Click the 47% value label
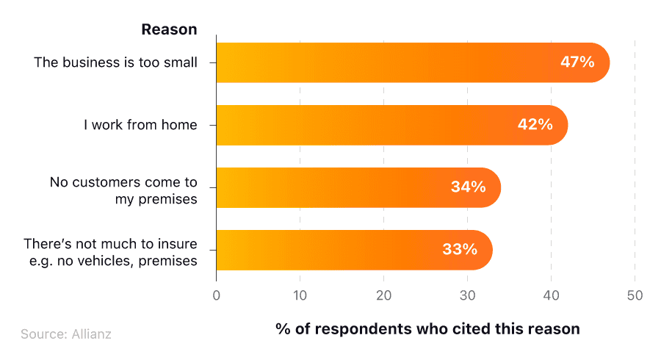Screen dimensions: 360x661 (x=577, y=62)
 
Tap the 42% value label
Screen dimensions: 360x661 (x=535, y=125)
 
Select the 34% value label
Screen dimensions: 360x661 (x=468, y=187)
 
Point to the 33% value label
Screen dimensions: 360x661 (x=460, y=250)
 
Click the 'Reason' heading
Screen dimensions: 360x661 (x=169, y=30)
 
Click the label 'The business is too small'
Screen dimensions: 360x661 (x=115, y=62)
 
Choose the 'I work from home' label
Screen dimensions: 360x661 (x=140, y=125)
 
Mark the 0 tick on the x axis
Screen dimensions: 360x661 (x=216, y=295)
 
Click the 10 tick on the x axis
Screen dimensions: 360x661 (x=300, y=295)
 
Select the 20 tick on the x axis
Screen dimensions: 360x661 (x=383, y=295)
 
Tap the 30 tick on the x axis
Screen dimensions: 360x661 (x=467, y=295)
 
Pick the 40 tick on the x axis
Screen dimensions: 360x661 (x=551, y=295)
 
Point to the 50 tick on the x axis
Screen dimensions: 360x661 (x=635, y=295)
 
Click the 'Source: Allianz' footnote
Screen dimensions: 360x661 (x=66, y=334)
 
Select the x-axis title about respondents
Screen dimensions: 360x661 (x=427, y=328)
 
